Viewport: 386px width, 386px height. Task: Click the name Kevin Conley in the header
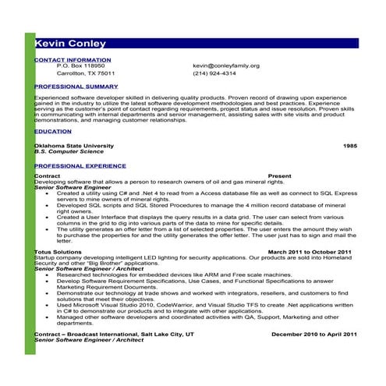click(70, 44)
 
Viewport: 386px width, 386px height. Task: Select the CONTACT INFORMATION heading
click(73, 59)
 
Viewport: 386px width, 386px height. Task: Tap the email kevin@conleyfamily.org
click(226, 66)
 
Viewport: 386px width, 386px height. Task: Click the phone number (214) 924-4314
click(214, 73)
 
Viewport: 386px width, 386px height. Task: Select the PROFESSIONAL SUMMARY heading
click(76, 86)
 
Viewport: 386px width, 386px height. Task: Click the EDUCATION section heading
click(53, 132)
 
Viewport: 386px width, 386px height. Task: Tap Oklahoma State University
click(74, 146)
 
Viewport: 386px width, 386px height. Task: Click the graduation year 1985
click(350, 146)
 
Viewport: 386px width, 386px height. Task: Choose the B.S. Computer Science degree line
click(66, 151)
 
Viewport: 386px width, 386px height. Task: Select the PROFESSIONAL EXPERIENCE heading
click(80, 166)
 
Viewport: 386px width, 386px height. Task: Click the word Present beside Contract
click(279, 176)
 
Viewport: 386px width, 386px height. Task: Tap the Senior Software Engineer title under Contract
click(73, 187)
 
